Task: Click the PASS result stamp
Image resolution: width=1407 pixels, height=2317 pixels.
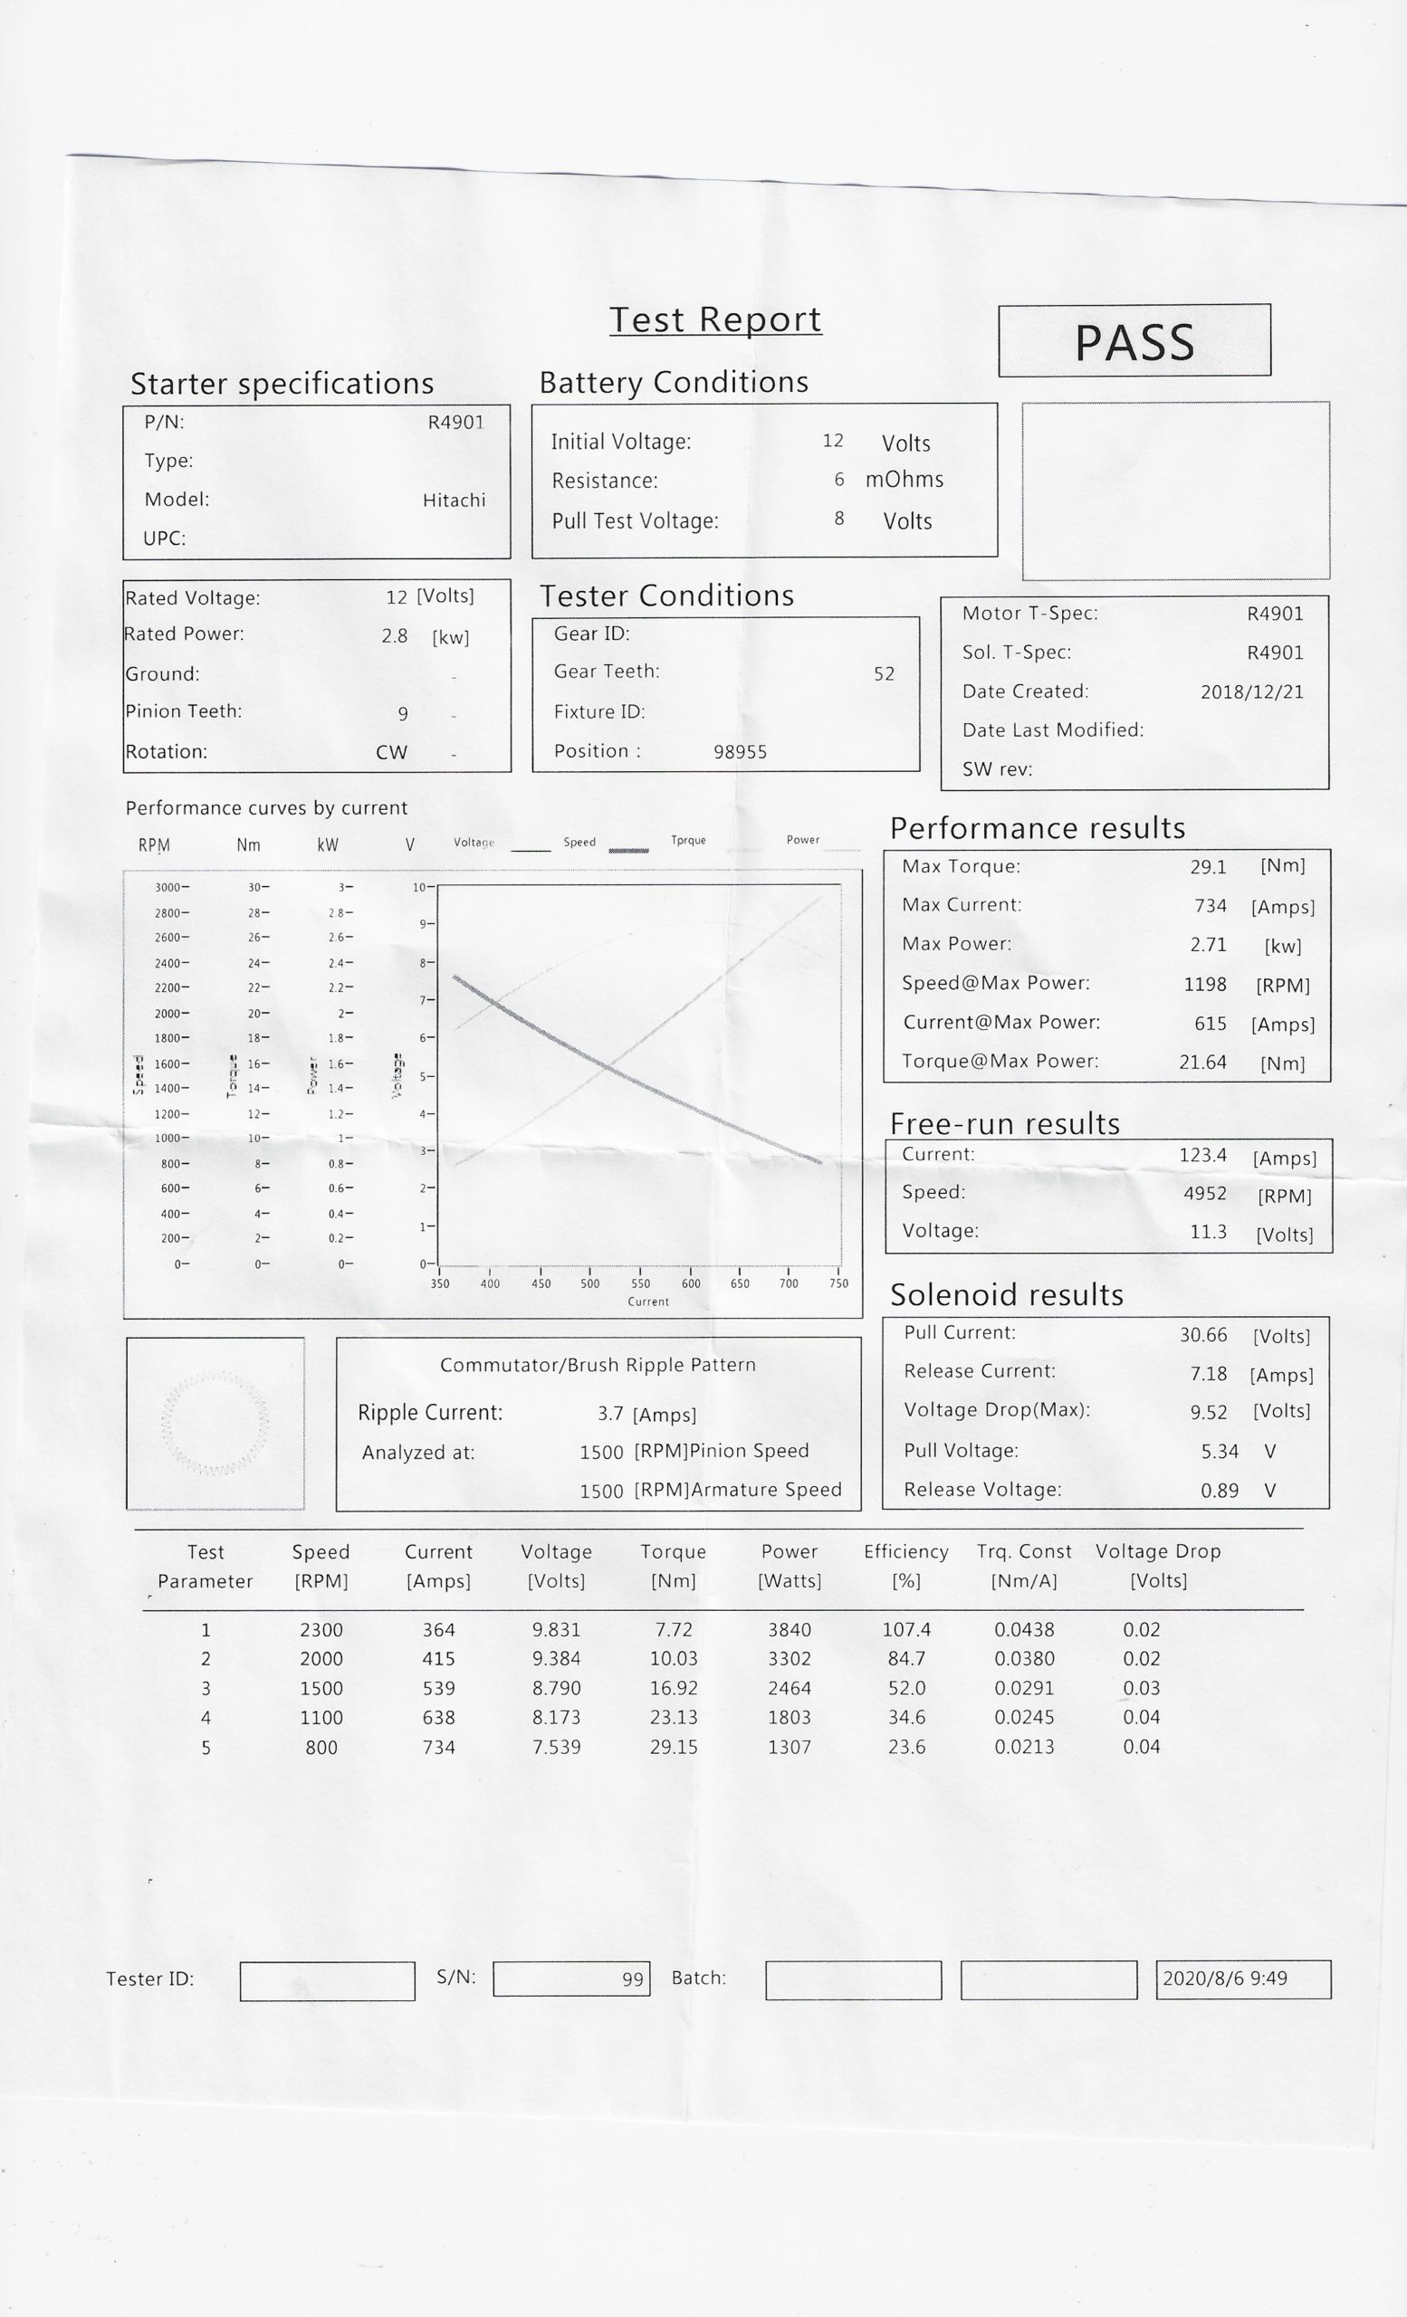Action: (1134, 341)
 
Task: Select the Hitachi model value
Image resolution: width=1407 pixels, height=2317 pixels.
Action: (454, 501)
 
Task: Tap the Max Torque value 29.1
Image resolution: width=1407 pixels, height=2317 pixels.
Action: (1208, 867)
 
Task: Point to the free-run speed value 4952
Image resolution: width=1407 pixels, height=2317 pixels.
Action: (1205, 1193)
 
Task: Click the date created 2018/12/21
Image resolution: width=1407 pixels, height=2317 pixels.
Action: (1252, 692)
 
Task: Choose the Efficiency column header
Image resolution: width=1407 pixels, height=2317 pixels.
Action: (905, 1551)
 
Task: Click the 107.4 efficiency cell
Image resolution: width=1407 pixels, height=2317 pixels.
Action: (905, 1630)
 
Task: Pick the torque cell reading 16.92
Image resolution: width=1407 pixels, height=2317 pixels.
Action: (674, 1688)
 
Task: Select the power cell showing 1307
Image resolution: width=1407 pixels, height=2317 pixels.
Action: (790, 1747)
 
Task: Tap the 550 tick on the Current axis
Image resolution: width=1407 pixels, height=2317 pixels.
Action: (640, 1282)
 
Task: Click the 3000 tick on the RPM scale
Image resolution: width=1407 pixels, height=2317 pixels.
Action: (170, 888)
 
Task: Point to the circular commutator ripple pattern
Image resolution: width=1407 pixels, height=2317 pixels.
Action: (215, 1423)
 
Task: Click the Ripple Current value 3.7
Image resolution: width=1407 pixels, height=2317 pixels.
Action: (609, 1415)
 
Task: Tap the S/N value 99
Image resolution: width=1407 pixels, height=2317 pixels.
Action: (632, 1979)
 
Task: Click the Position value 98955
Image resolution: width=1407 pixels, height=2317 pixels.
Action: (741, 752)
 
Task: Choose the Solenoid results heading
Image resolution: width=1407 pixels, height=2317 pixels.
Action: (1006, 1295)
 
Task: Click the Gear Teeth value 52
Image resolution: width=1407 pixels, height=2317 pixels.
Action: (884, 674)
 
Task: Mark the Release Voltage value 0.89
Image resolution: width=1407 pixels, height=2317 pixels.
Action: (1219, 1491)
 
